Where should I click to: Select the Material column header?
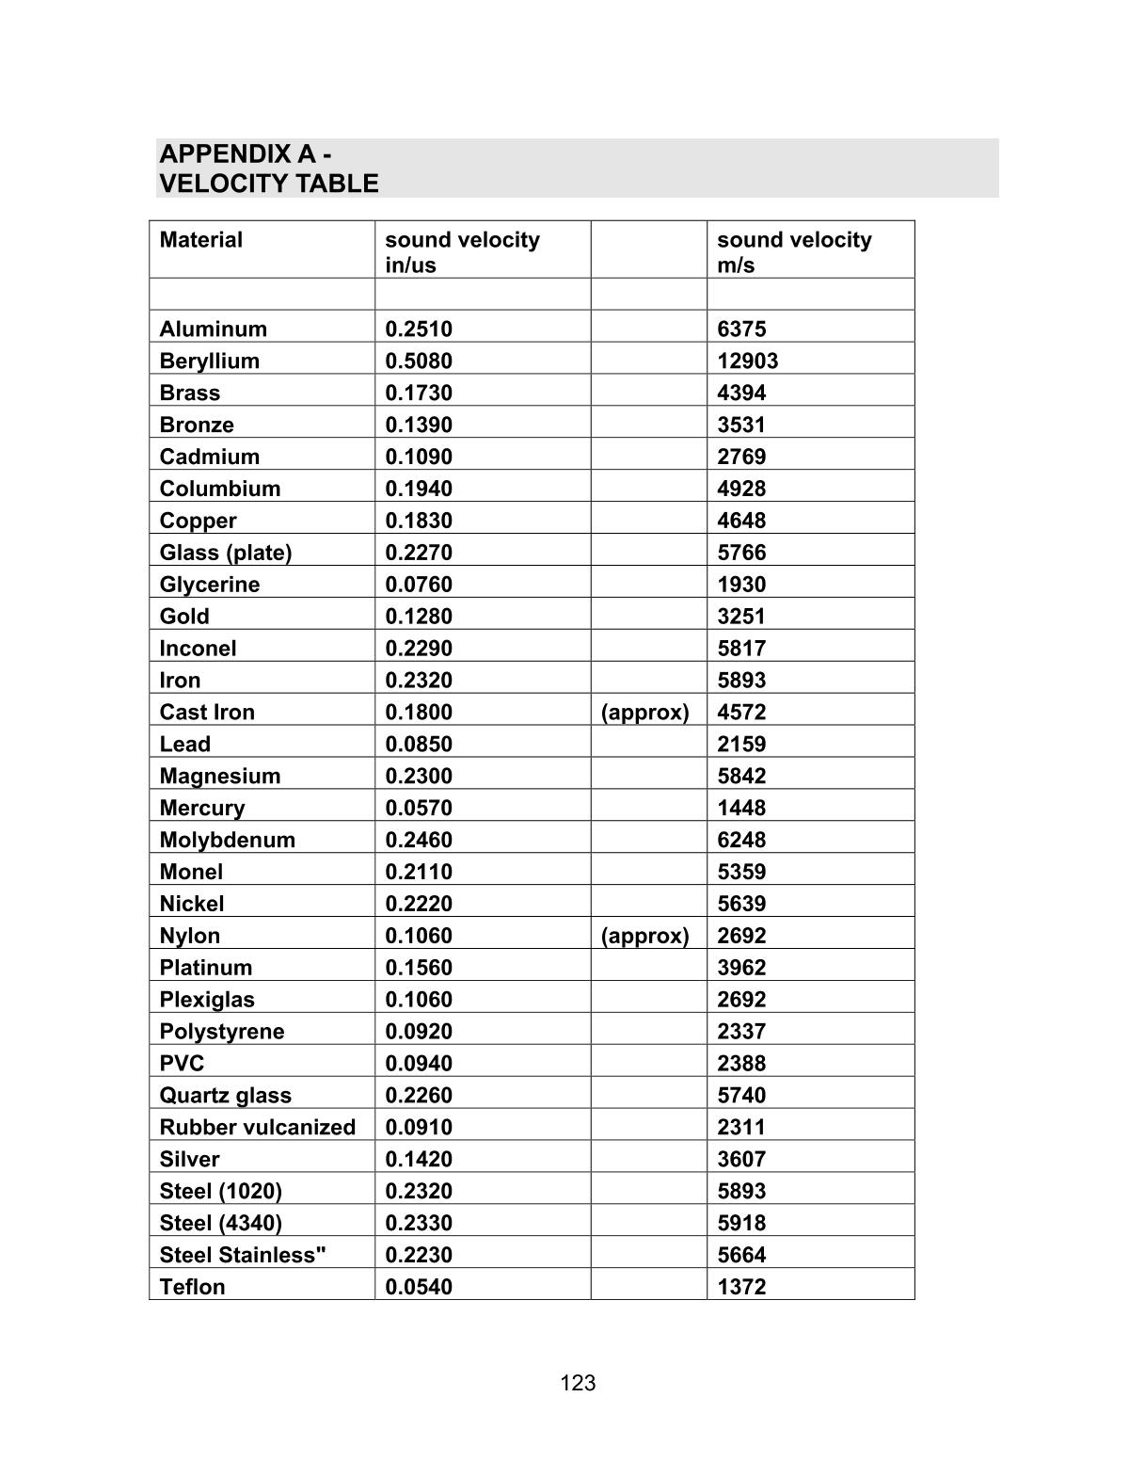[x=200, y=240]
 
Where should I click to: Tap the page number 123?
[x=578, y=1383]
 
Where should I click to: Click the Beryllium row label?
[x=209, y=361]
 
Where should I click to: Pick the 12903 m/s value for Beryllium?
[x=747, y=361]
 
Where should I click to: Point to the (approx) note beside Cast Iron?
[x=644, y=713]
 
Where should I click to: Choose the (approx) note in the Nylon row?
[x=644, y=936]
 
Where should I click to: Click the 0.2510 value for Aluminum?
[x=419, y=329]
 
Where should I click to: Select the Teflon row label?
[x=192, y=1287]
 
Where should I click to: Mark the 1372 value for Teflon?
[x=741, y=1287]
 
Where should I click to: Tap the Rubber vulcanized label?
[x=257, y=1128]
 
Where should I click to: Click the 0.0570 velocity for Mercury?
[x=419, y=809]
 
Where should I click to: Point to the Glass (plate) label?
[x=226, y=553]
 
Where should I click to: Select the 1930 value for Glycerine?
[x=741, y=585]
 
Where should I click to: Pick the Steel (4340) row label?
[x=220, y=1223]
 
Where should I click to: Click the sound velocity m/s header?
[x=793, y=252]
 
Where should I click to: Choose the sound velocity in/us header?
[x=462, y=252]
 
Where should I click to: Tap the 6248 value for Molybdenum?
[x=741, y=841]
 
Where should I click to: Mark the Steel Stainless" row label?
[x=243, y=1255]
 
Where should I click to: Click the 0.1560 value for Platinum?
[x=419, y=968]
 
